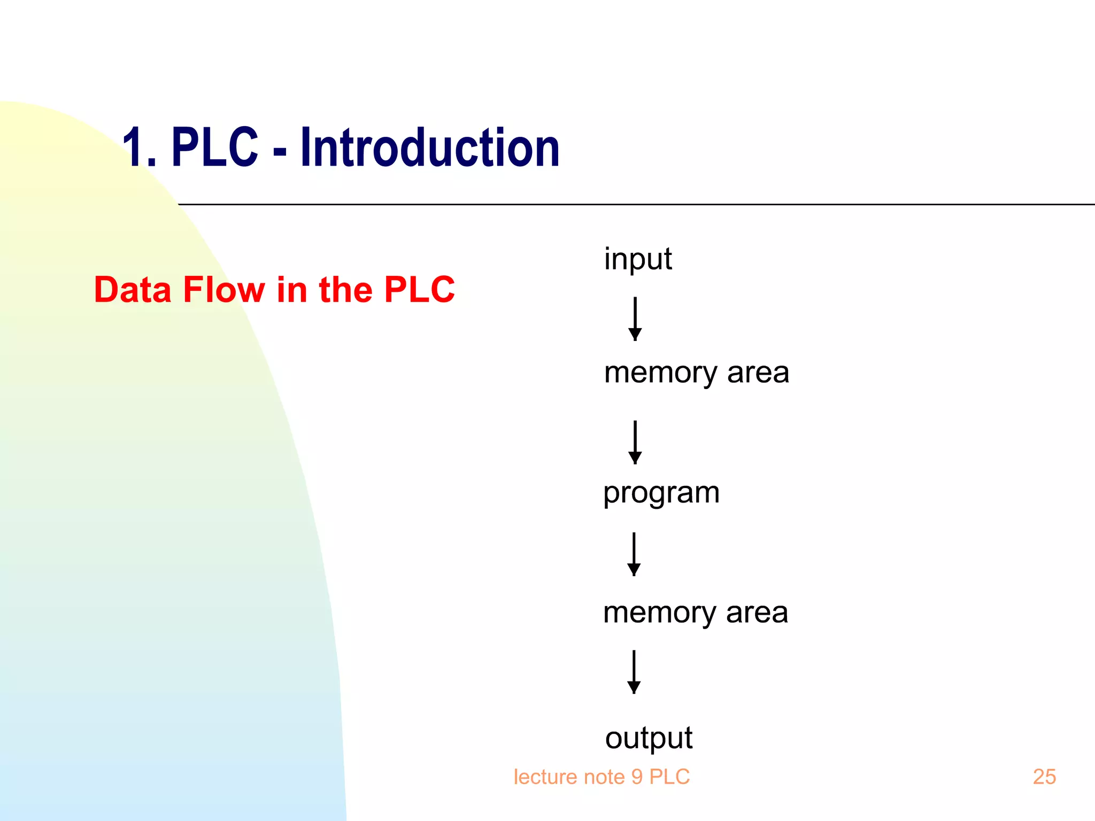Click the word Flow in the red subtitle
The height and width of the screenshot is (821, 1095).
[x=223, y=290]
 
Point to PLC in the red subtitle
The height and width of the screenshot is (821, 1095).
[x=419, y=290]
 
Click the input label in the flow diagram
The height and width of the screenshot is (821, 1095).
[x=638, y=260]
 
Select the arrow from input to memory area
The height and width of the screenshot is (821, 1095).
[x=635, y=319]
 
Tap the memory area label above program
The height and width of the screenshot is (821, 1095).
[x=696, y=373]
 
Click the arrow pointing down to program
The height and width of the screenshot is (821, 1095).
[x=635, y=442]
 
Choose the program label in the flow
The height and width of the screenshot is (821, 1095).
[x=661, y=493]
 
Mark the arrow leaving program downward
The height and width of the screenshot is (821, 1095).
[x=634, y=554]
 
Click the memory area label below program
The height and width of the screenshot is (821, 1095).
[x=695, y=613]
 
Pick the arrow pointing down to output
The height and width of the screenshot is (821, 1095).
[x=634, y=671]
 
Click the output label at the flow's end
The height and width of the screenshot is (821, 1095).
[x=649, y=739]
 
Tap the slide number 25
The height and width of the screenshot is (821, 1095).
[x=1044, y=777]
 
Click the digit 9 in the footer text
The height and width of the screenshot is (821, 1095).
[x=637, y=777]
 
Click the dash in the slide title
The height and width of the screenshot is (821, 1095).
[x=280, y=151]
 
